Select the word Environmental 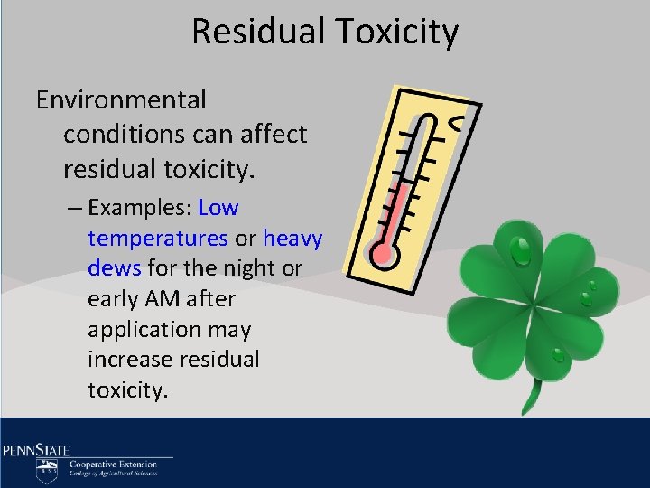[121, 99]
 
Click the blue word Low [218, 208]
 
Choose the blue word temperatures [158, 239]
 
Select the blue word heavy [292, 239]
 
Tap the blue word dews [112, 268]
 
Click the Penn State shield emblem [47, 469]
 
